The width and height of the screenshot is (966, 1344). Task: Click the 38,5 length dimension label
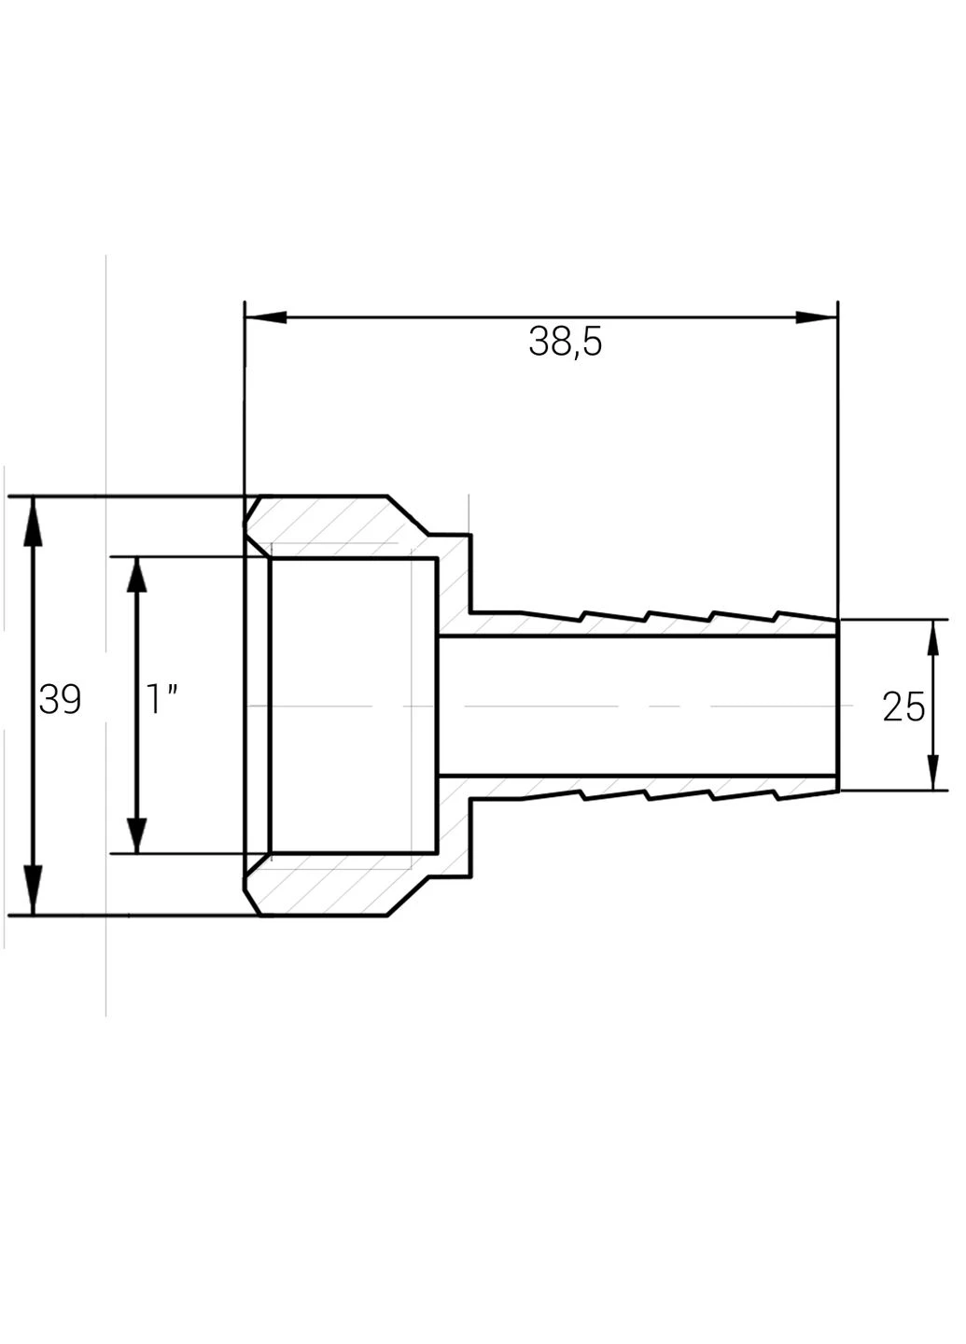[x=565, y=343]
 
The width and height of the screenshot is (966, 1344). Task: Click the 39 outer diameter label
[x=60, y=700]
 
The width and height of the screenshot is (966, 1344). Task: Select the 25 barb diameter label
[x=903, y=707]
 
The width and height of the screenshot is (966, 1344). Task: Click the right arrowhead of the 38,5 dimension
[x=816, y=317]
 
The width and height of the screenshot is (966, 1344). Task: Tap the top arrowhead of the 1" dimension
[x=137, y=575]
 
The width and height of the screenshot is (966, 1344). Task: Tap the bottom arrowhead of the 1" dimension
[x=137, y=835]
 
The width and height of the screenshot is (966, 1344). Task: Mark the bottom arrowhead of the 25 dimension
[x=932, y=774]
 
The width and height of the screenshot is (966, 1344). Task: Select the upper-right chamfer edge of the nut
[x=408, y=515]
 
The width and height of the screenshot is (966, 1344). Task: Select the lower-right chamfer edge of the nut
[x=408, y=896]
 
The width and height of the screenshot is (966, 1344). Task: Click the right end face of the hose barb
[x=837, y=705]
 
